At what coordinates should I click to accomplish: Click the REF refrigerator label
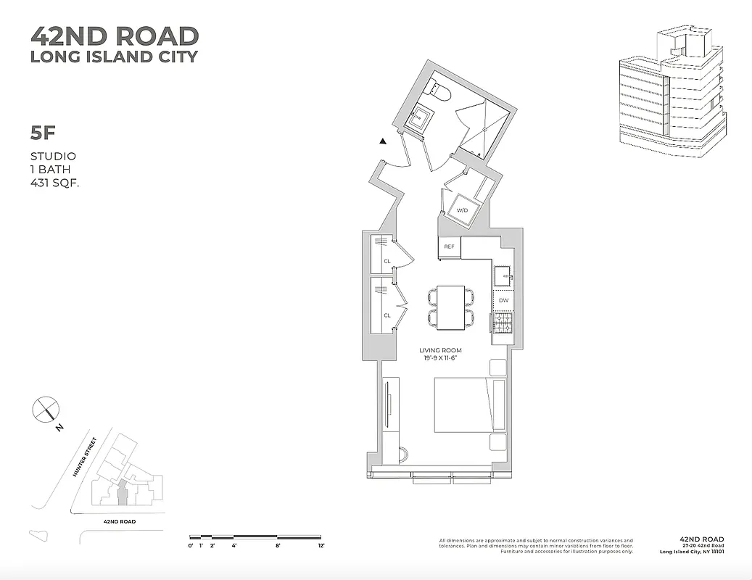449,247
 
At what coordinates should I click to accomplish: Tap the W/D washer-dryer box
462,210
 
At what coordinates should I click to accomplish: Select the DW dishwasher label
503,299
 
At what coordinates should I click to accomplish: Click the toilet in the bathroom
440,92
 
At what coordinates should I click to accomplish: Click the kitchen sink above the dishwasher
503,275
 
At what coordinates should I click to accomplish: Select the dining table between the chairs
450,307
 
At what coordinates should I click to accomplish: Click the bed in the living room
468,405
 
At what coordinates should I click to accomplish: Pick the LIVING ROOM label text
440,351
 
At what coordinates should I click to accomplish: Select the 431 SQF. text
54,183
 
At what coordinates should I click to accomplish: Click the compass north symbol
45,410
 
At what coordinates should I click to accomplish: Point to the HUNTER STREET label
84,456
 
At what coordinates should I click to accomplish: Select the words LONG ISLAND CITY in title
114,57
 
